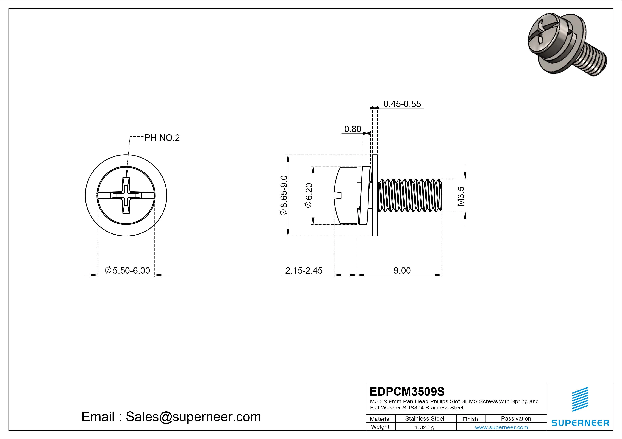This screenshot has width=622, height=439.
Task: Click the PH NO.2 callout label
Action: [162, 138]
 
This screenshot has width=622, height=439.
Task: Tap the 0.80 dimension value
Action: [352, 129]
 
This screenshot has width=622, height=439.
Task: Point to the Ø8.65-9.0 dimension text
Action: [283, 195]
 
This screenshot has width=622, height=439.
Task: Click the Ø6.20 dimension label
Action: [309, 195]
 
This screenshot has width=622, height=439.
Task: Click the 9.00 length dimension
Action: [402, 270]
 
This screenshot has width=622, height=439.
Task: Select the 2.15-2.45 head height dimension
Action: [304, 270]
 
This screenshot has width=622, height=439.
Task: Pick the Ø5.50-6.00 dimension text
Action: [127, 270]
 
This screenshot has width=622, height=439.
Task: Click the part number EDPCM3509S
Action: [407, 391]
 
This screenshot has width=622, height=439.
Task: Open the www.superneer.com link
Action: [501, 427]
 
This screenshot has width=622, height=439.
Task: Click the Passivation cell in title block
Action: [516, 418]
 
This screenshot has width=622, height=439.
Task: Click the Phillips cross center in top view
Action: [126, 195]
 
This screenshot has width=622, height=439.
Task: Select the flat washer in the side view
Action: [375, 195]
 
